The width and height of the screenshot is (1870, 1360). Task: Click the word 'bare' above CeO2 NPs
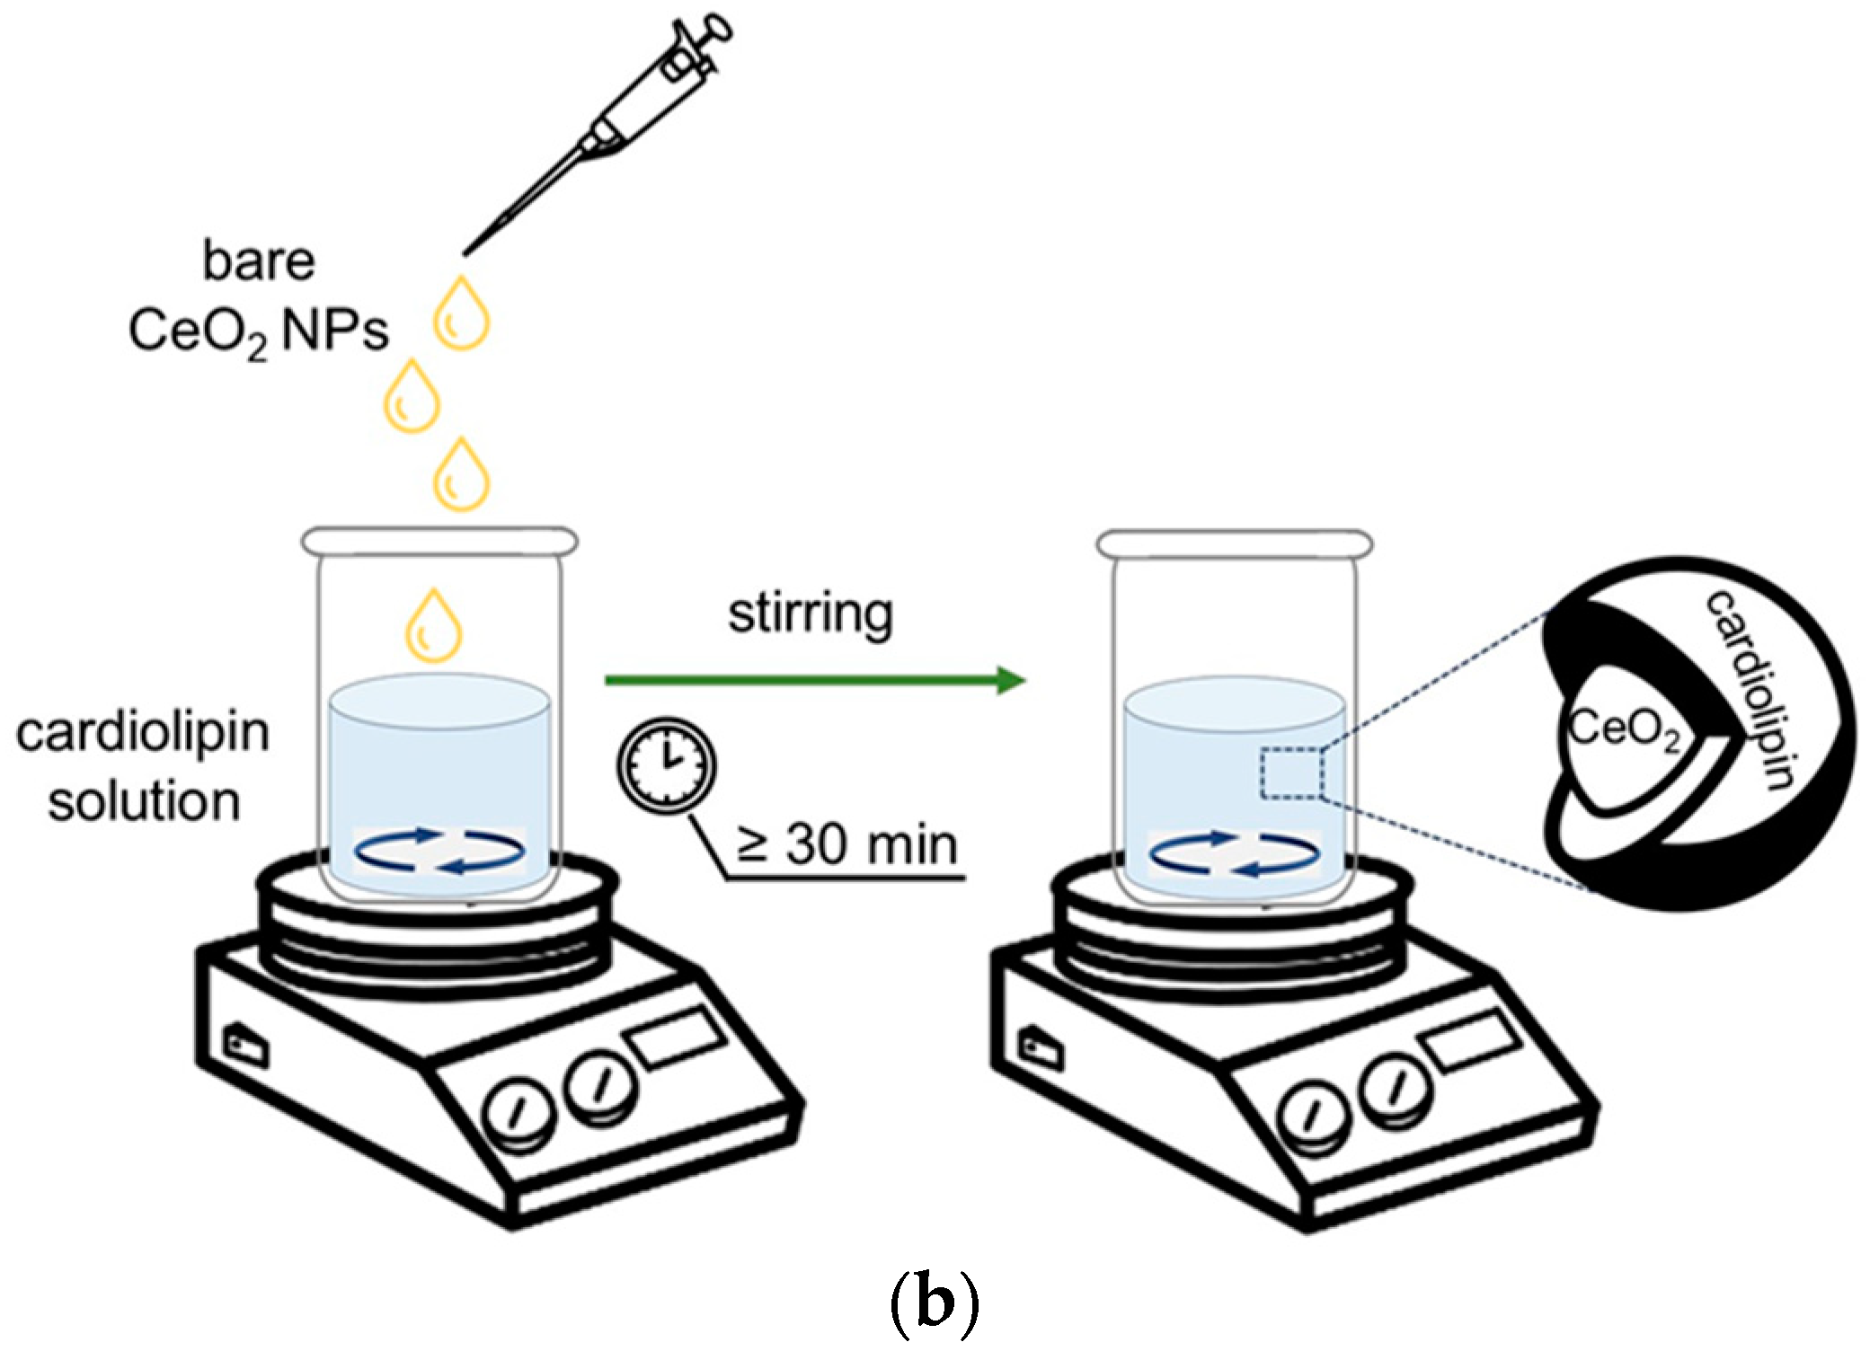pos(259,261)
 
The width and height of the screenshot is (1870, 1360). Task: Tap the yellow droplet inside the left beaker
pos(434,622)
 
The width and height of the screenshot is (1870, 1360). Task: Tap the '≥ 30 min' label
pos(846,845)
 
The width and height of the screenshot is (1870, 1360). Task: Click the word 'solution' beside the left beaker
pos(144,800)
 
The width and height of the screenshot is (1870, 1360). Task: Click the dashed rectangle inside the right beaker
pos(1290,773)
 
